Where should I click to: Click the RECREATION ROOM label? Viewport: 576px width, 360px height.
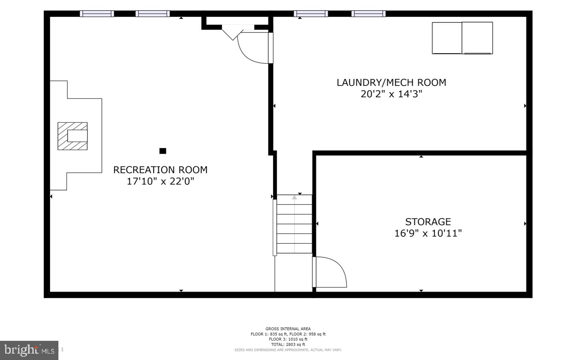tap(160, 170)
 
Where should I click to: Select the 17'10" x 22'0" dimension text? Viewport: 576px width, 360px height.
tap(160, 182)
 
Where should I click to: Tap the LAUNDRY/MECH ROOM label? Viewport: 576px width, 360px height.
tap(391, 83)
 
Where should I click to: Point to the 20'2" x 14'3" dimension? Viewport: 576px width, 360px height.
tap(391, 94)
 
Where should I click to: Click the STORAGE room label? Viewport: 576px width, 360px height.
tap(428, 222)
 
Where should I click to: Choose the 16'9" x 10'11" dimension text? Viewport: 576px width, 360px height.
tap(428, 233)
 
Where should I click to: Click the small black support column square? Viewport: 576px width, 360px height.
tap(163, 151)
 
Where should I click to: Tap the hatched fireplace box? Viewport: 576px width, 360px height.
tap(72, 136)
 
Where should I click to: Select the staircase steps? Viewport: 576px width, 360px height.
tap(294, 224)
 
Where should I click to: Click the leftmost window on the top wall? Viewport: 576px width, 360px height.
tap(97, 14)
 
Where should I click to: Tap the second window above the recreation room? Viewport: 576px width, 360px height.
tap(152, 14)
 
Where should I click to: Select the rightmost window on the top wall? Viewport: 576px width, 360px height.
tap(368, 14)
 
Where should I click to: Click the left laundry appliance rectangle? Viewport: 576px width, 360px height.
tap(447, 38)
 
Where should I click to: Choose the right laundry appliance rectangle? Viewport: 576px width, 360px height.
tap(477, 38)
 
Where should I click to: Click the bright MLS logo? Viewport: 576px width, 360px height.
tap(29, 350)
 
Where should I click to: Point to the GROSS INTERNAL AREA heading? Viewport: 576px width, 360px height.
tap(288, 329)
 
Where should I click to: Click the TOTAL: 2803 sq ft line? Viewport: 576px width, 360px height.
tap(288, 344)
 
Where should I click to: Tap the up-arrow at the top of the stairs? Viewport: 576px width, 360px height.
tap(294, 197)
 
